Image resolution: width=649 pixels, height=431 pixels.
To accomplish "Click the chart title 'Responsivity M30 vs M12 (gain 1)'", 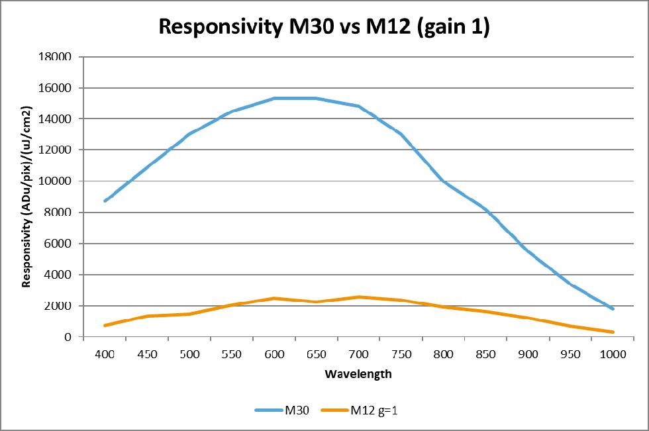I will pos(324,28).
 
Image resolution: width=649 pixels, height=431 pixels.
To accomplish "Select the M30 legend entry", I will pos(284,410).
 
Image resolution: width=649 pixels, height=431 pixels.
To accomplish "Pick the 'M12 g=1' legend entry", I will pos(364,410).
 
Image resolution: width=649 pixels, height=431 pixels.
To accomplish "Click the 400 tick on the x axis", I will pos(105,354).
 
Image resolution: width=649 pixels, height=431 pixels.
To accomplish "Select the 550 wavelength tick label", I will pos(232,354).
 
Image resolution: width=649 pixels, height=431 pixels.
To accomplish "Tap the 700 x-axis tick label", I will pos(359,354).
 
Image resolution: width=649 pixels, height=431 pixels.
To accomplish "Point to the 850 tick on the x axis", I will pos(485,354).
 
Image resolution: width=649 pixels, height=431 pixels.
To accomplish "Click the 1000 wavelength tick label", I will pos(613,354).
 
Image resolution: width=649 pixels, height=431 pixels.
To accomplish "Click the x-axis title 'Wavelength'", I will pos(358,374).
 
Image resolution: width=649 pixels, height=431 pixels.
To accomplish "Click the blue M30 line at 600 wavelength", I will pos(274,98).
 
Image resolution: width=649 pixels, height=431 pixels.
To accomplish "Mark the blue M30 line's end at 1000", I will pos(613,309).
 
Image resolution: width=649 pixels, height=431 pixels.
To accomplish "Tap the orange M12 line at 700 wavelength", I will pos(359,297).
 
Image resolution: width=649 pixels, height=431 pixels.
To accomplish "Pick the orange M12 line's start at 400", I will pos(105,325).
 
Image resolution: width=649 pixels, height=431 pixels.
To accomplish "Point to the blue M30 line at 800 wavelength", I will pos(443,181).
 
